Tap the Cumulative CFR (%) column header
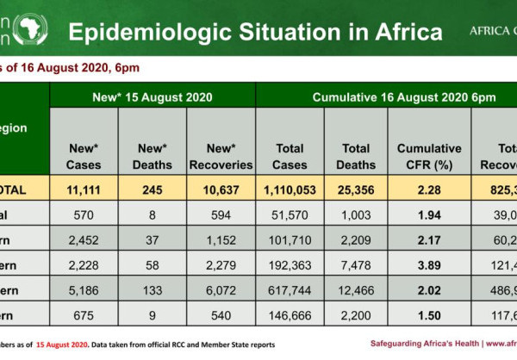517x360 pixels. tap(428, 156)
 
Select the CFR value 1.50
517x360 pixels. tap(428, 317)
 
